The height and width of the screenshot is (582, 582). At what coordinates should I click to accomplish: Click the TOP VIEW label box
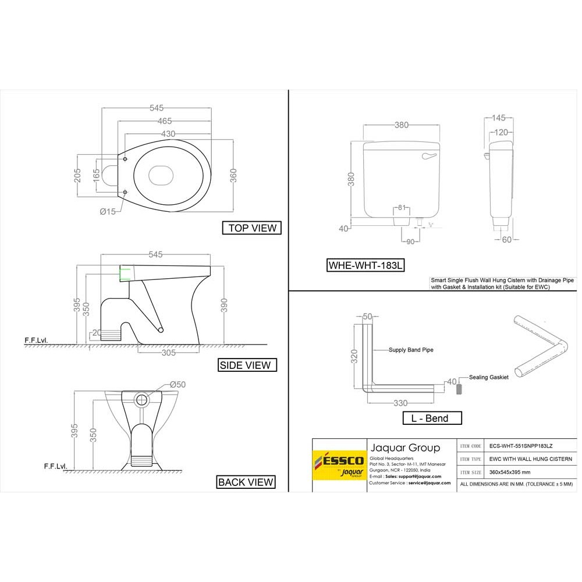tap(251, 228)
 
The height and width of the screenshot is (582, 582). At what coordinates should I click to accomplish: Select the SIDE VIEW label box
tap(244, 365)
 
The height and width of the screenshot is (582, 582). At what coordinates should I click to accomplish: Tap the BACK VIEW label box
tap(245, 481)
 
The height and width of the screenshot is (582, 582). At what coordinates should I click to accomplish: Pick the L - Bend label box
tap(432, 418)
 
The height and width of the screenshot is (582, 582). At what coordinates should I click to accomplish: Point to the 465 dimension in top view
tap(164, 121)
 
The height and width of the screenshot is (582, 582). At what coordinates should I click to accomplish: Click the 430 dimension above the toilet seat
tap(168, 134)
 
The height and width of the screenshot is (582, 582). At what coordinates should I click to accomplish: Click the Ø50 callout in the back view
tap(177, 385)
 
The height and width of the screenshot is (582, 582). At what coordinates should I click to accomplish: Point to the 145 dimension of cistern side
tap(499, 118)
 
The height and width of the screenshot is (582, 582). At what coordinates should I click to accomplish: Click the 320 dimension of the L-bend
tap(354, 356)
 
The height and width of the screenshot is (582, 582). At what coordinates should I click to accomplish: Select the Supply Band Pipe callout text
tap(411, 350)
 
